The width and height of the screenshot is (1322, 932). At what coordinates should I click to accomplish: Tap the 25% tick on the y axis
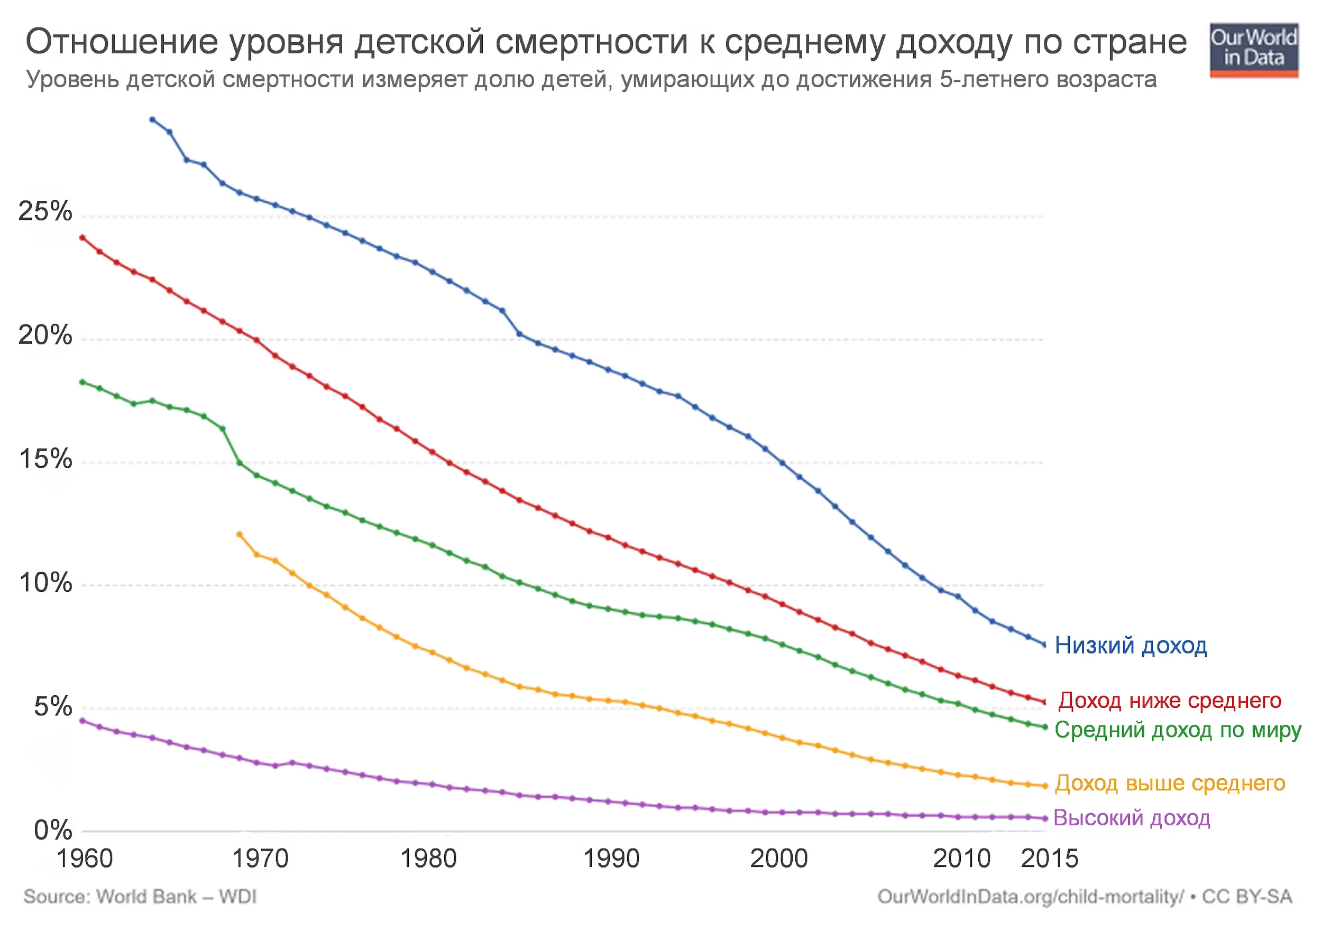(45, 211)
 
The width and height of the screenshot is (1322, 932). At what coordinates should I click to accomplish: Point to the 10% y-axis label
(45, 583)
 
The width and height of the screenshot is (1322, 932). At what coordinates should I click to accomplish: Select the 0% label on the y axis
(52, 830)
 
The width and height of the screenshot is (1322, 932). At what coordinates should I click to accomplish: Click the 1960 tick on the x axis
(85, 859)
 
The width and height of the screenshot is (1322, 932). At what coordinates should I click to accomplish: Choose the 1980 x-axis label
(428, 859)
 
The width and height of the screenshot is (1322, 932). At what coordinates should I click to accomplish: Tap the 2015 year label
(1049, 859)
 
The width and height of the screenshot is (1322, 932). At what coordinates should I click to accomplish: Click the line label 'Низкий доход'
(1130, 646)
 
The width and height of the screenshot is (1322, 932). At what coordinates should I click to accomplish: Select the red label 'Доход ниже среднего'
(1169, 700)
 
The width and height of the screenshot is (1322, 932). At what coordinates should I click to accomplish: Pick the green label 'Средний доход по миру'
(1178, 730)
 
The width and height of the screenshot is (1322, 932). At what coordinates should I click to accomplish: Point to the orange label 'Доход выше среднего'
(1169, 783)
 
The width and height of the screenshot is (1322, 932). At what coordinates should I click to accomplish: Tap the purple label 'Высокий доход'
(1132, 817)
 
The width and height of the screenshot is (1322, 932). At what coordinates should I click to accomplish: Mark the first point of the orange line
(240, 535)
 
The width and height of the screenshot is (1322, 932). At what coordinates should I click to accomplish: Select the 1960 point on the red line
(82, 238)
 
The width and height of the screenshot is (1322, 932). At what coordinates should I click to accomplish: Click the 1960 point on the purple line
(82, 720)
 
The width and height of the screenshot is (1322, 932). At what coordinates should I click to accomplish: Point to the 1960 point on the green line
(82, 381)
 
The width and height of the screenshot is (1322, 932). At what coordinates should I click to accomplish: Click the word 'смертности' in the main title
(591, 41)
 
